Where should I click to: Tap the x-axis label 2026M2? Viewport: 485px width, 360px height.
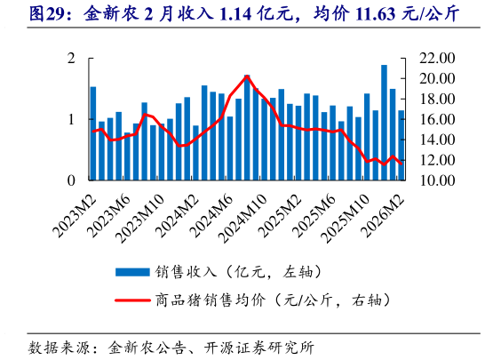(382, 214)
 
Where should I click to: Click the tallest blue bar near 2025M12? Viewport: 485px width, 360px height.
(384, 123)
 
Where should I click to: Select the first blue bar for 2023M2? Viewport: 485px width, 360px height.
(93, 133)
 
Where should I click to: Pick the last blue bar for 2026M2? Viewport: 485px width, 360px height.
(402, 146)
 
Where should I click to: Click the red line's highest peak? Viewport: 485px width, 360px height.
(247, 77)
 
